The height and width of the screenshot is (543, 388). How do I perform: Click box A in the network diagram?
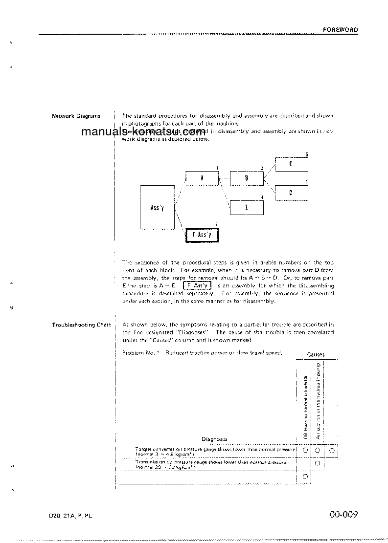(x=202, y=178)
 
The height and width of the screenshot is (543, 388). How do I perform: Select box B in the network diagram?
(x=247, y=179)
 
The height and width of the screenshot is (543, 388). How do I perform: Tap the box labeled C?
(x=291, y=164)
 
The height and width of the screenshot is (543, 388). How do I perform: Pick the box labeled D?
(x=291, y=193)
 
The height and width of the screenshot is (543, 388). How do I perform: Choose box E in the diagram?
(x=247, y=207)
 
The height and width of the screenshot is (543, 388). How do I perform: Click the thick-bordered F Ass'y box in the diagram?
(x=202, y=235)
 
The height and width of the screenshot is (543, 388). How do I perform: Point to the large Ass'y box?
(x=157, y=207)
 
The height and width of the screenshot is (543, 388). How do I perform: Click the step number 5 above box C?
(x=307, y=155)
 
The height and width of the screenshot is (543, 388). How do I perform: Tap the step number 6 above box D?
(x=306, y=182)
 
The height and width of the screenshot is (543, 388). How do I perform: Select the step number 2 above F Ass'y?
(x=216, y=224)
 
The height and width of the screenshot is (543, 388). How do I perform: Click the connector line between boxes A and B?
(x=224, y=179)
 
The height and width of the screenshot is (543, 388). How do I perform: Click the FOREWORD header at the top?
(x=340, y=30)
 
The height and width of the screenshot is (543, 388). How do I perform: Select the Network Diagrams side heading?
(x=76, y=116)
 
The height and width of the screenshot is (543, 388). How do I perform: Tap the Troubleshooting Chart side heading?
(x=81, y=325)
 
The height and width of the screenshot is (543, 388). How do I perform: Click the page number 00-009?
(x=344, y=514)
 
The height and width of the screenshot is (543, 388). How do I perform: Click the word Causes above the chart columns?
(x=316, y=354)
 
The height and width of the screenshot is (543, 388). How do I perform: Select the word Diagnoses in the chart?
(x=214, y=439)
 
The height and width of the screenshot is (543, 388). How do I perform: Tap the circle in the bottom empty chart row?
(x=304, y=476)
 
